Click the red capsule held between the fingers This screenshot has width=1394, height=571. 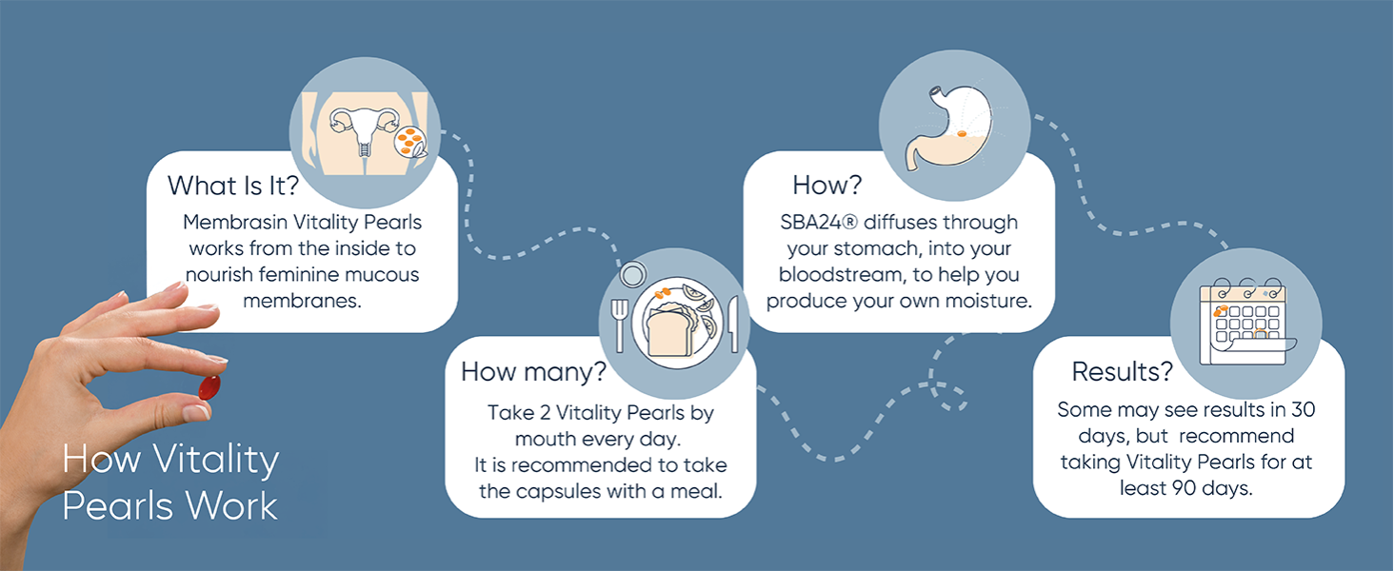tap(209, 387)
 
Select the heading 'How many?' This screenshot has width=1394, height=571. tap(533, 371)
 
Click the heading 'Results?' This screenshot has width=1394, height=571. tap(1122, 371)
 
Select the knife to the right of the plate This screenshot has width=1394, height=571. tap(733, 324)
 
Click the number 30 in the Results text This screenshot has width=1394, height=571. tap(1302, 410)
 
